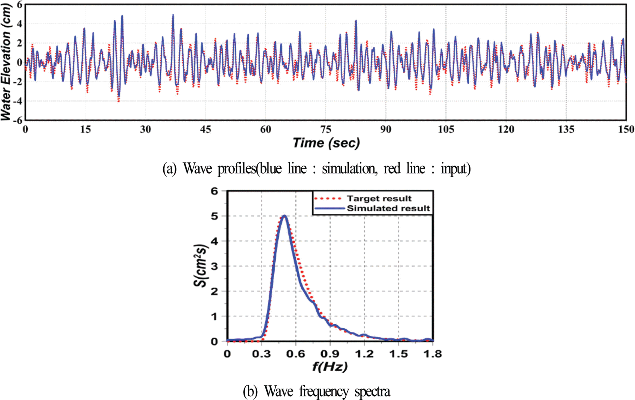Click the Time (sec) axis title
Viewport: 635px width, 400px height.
click(326, 143)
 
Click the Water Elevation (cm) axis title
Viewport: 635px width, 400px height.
click(6, 62)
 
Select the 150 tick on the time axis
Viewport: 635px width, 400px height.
click(626, 129)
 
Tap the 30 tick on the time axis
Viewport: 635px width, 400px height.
click(145, 129)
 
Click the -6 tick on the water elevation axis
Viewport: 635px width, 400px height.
click(19, 120)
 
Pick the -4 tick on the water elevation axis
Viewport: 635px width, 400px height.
click(19, 101)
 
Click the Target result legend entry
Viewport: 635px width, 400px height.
click(379, 198)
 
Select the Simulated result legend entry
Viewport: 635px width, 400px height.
click(388, 208)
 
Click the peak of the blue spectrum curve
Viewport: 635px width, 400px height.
click(284, 216)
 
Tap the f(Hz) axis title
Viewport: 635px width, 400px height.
click(330, 367)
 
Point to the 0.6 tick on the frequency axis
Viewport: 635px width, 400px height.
click(296, 354)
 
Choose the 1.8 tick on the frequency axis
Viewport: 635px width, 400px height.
click(432, 354)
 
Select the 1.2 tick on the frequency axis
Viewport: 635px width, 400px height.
click(364, 354)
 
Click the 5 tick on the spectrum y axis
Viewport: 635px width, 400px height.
click(214, 216)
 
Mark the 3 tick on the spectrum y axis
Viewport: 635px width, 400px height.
click(214, 266)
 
